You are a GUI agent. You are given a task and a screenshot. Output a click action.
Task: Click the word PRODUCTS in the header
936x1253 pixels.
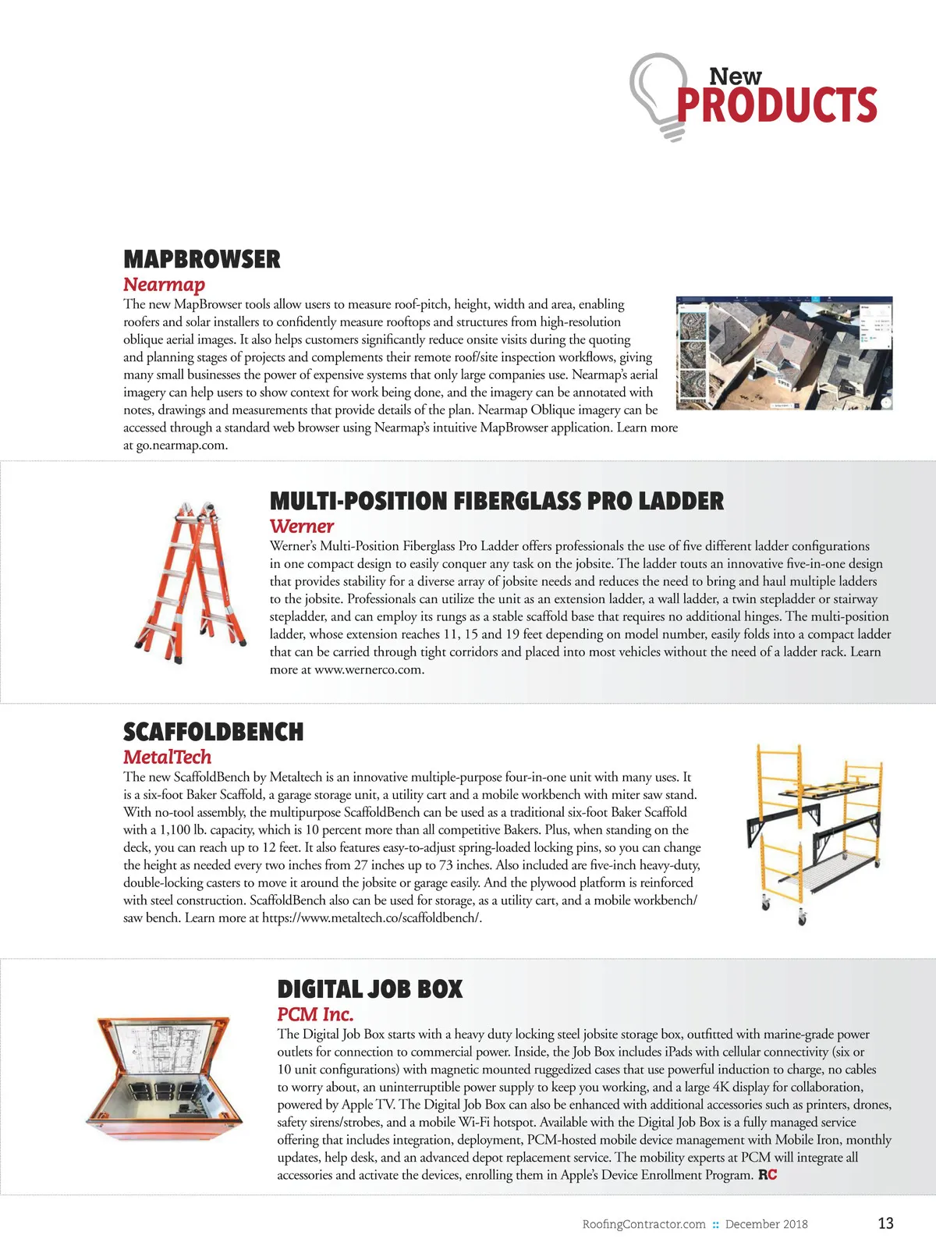(777, 105)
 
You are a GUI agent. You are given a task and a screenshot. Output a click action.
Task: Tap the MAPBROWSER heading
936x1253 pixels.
(201, 260)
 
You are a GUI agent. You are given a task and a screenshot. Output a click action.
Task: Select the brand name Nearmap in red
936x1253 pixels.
(164, 285)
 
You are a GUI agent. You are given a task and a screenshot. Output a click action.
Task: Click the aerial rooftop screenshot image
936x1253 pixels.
(784, 353)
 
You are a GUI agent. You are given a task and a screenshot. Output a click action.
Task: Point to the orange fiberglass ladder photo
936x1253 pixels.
(190, 582)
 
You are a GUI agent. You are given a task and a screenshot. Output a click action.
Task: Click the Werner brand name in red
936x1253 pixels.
(301, 527)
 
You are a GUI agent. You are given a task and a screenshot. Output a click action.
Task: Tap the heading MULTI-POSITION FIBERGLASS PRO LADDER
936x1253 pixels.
(496, 501)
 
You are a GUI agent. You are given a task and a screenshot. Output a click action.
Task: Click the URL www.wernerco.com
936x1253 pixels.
(368, 669)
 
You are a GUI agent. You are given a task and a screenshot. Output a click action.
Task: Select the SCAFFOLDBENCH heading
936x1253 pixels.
(213, 732)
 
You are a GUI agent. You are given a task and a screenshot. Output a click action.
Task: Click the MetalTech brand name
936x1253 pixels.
(167, 757)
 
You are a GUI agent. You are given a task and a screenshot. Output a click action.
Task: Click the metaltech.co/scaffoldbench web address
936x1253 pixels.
(371, 918)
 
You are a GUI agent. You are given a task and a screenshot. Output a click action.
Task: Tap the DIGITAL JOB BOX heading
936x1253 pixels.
(370, 989)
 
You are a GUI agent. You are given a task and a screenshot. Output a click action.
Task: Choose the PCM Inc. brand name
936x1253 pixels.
(315, 1014)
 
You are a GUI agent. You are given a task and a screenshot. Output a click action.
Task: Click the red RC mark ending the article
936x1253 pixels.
(768, 1175)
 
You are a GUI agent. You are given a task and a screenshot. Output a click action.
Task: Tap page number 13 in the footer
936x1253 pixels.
(885, 1223)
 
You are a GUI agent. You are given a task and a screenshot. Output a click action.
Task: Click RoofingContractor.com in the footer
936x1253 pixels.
(643, 1224)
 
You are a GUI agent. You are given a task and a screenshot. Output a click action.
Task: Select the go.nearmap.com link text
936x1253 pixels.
(182, 445)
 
